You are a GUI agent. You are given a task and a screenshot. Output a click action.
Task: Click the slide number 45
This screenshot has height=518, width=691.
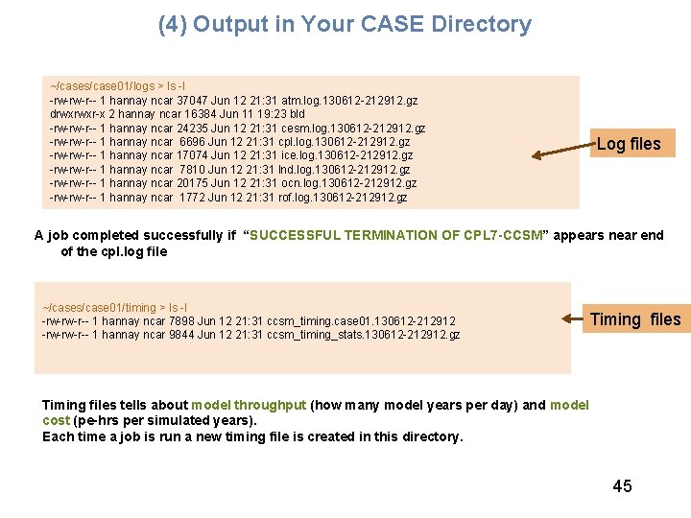coord(622,486)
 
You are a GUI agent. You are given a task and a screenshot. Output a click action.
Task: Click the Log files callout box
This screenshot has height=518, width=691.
coord(629,144)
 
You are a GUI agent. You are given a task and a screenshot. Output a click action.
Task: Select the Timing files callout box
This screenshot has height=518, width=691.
coord(634,319)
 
